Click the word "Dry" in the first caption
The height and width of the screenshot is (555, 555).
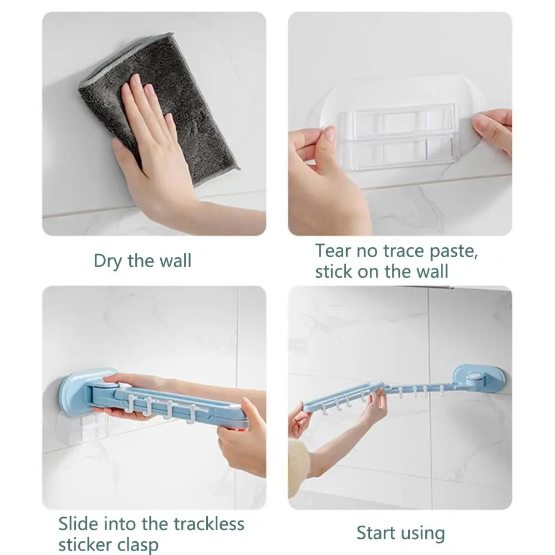(x=108, y=261)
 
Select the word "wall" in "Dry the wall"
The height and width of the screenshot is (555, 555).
(x=175, y=261)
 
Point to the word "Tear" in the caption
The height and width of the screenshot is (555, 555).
(x=333, y=251)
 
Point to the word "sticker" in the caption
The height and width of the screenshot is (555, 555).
(x=85, y=544)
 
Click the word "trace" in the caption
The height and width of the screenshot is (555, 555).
(x=404, y=251)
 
